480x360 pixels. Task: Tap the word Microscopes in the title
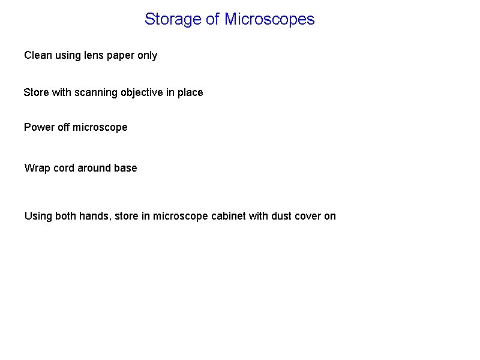(x=269, y=19)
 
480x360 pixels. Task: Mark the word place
(x=190, y=93)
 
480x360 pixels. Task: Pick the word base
(x=125, y=169)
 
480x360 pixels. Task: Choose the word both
(x=65, y=216)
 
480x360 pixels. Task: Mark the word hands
(x=94, y=216)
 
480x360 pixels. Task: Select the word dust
(x=282, y=216)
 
